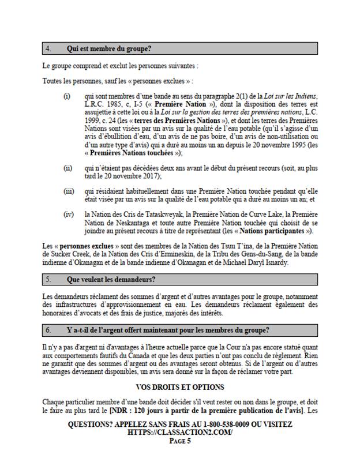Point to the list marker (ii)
[67, 167]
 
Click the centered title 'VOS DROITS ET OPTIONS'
[179, 386]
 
